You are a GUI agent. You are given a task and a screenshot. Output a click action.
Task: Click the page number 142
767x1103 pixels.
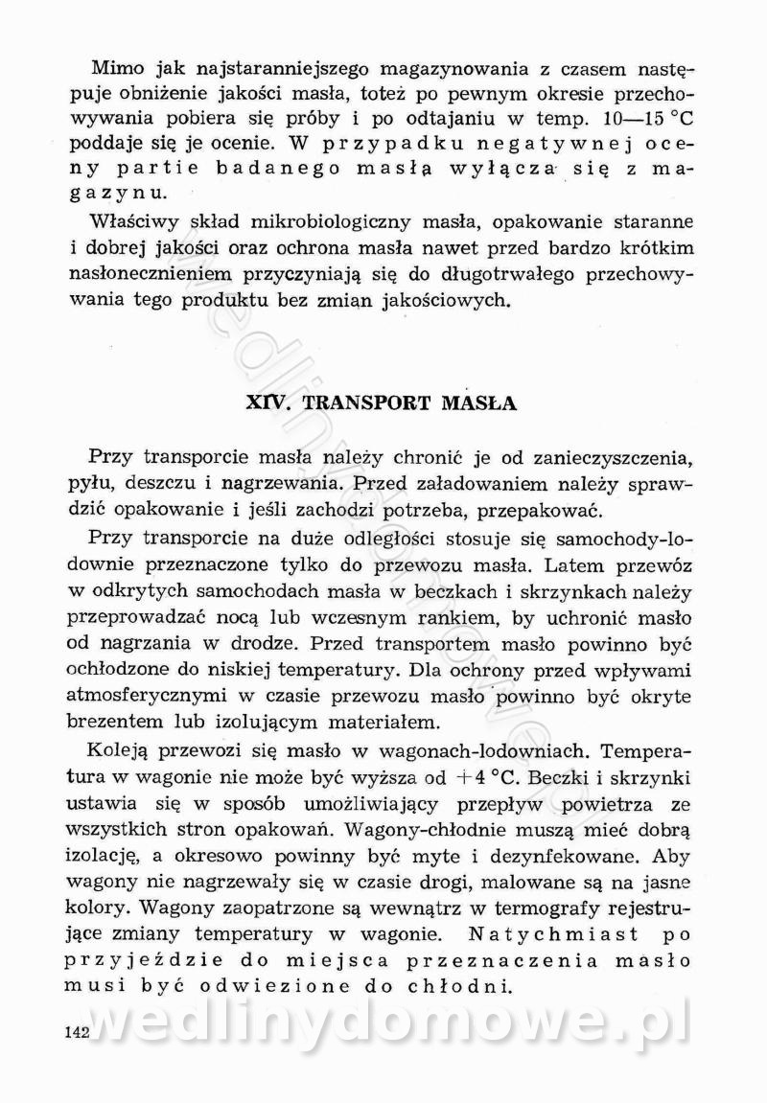click(x=74, y=1032)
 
